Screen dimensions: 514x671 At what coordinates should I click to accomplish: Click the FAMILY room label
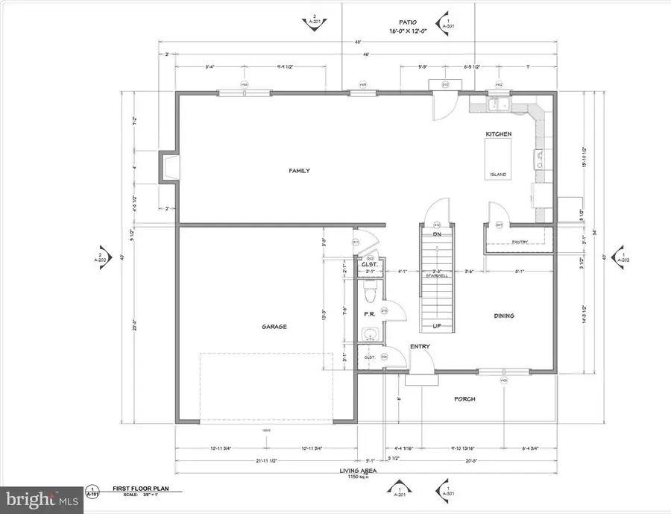299,171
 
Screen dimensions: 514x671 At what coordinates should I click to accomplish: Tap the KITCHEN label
498,133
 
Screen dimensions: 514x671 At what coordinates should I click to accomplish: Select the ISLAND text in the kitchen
497,175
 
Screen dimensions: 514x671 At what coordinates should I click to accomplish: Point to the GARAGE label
274,326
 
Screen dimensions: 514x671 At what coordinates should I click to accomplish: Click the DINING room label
503,316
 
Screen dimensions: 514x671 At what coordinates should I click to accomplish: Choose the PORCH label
464,398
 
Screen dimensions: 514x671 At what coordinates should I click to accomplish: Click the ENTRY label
420,346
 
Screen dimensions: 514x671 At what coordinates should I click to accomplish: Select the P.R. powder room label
368,314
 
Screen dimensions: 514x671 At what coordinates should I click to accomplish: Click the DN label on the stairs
438,234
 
